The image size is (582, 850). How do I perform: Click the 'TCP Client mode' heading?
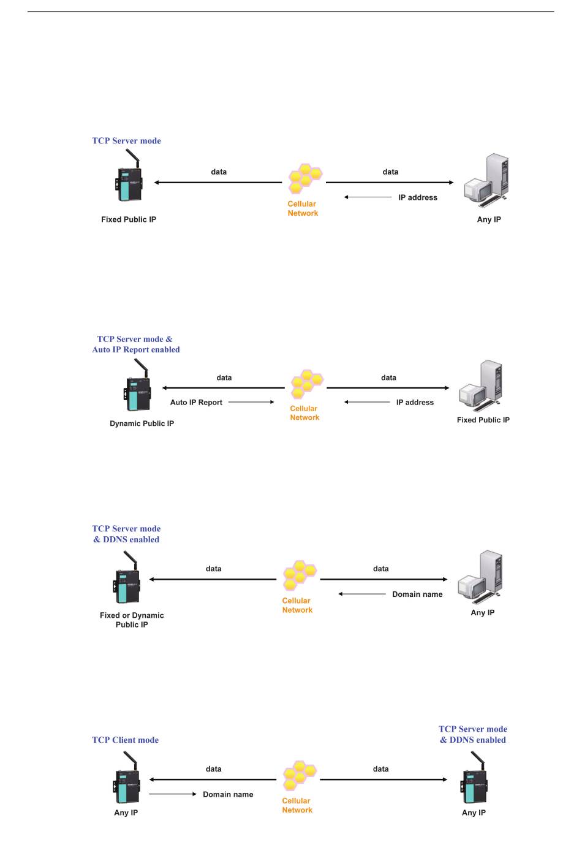[x=125, y=740]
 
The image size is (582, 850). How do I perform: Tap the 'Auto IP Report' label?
[x=196, y=403]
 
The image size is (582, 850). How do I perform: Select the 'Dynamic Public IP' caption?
[x=142, y=423]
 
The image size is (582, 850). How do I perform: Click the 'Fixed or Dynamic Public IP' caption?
[x=132, y=620]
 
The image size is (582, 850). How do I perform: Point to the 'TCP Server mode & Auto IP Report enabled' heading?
[x=135, y=344]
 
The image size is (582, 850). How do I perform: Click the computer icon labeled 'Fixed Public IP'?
[x=482, y=386]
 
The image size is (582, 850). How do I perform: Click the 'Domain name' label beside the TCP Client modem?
[x=228, y=794]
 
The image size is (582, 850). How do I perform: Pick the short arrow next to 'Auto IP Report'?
[x=251, y=402]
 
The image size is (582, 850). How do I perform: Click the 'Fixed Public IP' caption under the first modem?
[x=129, y=219]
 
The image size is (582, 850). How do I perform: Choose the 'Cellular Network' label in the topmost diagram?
[x=303, y=208]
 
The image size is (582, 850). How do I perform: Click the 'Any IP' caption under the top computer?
[x=489, y=219]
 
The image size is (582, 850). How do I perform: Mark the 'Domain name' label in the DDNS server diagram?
[x=417, y=594]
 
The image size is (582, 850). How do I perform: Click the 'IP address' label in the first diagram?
[x=418, y=197]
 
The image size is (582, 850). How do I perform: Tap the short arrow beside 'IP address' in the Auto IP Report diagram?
[x=367, y=402]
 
